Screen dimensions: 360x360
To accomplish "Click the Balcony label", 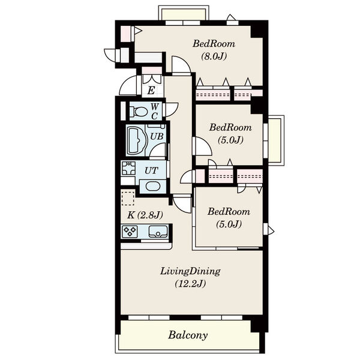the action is (188, 335).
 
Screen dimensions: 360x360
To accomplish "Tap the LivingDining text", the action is (190, 271).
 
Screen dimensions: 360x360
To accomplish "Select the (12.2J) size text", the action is (190, 284).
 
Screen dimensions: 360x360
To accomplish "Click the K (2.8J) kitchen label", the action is (145, 215).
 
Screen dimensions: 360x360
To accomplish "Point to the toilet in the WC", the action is (139, 112).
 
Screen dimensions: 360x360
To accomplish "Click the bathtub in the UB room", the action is (136, 140).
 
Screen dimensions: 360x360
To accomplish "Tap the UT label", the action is (151, 170).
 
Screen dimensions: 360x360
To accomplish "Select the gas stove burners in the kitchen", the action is (130, 231).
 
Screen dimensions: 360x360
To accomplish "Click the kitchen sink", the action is (158, 232).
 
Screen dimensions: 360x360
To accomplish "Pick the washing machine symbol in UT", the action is (128, 168).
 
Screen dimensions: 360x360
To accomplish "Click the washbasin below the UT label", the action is (152, 186).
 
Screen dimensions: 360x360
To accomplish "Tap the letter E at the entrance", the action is (151, 91).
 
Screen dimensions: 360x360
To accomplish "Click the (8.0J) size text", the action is (214, 56).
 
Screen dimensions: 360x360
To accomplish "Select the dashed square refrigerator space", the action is (128, 197).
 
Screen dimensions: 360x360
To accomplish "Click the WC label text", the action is (155, 112).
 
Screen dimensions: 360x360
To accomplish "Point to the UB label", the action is (157, 137).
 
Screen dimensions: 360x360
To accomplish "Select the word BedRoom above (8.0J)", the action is (214, 44).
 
